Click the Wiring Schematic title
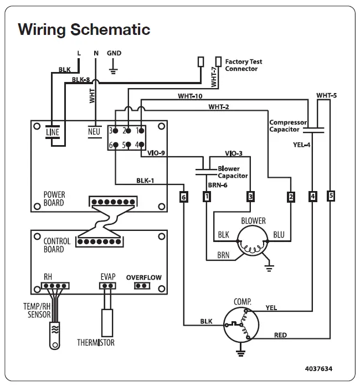point(84,29)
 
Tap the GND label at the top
point(114,53)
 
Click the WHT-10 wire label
point(190,96)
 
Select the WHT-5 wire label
point(326,95)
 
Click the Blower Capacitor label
point(233,172)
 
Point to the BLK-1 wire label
point(145,180)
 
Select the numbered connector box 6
point(184,196)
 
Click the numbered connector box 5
point(331,196)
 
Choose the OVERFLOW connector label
point(143,277)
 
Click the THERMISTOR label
point(96,343)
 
